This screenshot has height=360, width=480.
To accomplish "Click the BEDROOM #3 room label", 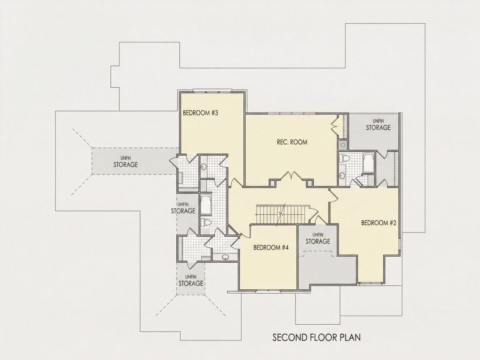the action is coord(200,113).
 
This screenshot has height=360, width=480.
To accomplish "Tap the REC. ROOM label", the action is coord(292,142).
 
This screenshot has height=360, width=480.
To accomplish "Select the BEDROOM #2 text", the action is coord(379,223).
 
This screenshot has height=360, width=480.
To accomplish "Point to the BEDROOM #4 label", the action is coord(271,247).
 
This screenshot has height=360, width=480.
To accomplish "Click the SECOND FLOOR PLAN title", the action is coord(316,337).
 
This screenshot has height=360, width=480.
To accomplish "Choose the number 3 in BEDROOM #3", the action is coord(216,113).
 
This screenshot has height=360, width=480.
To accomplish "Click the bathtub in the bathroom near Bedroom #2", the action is coord(369,163).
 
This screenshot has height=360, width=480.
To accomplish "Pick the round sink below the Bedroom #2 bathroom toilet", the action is coord(343,175).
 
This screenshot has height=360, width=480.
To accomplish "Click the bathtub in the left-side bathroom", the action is coord(205,204).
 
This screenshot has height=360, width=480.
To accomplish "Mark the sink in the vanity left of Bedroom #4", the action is coord(225,257).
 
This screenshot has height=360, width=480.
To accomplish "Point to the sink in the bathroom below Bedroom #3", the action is coord(204,167).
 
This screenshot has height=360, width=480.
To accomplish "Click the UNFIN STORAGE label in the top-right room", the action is coord(378,125).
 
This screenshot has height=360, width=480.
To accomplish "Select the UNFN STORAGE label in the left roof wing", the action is coord(126,162).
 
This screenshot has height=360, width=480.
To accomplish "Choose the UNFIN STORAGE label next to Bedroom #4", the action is coord(318,239).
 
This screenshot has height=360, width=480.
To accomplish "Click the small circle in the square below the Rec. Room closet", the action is coord(343,144).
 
